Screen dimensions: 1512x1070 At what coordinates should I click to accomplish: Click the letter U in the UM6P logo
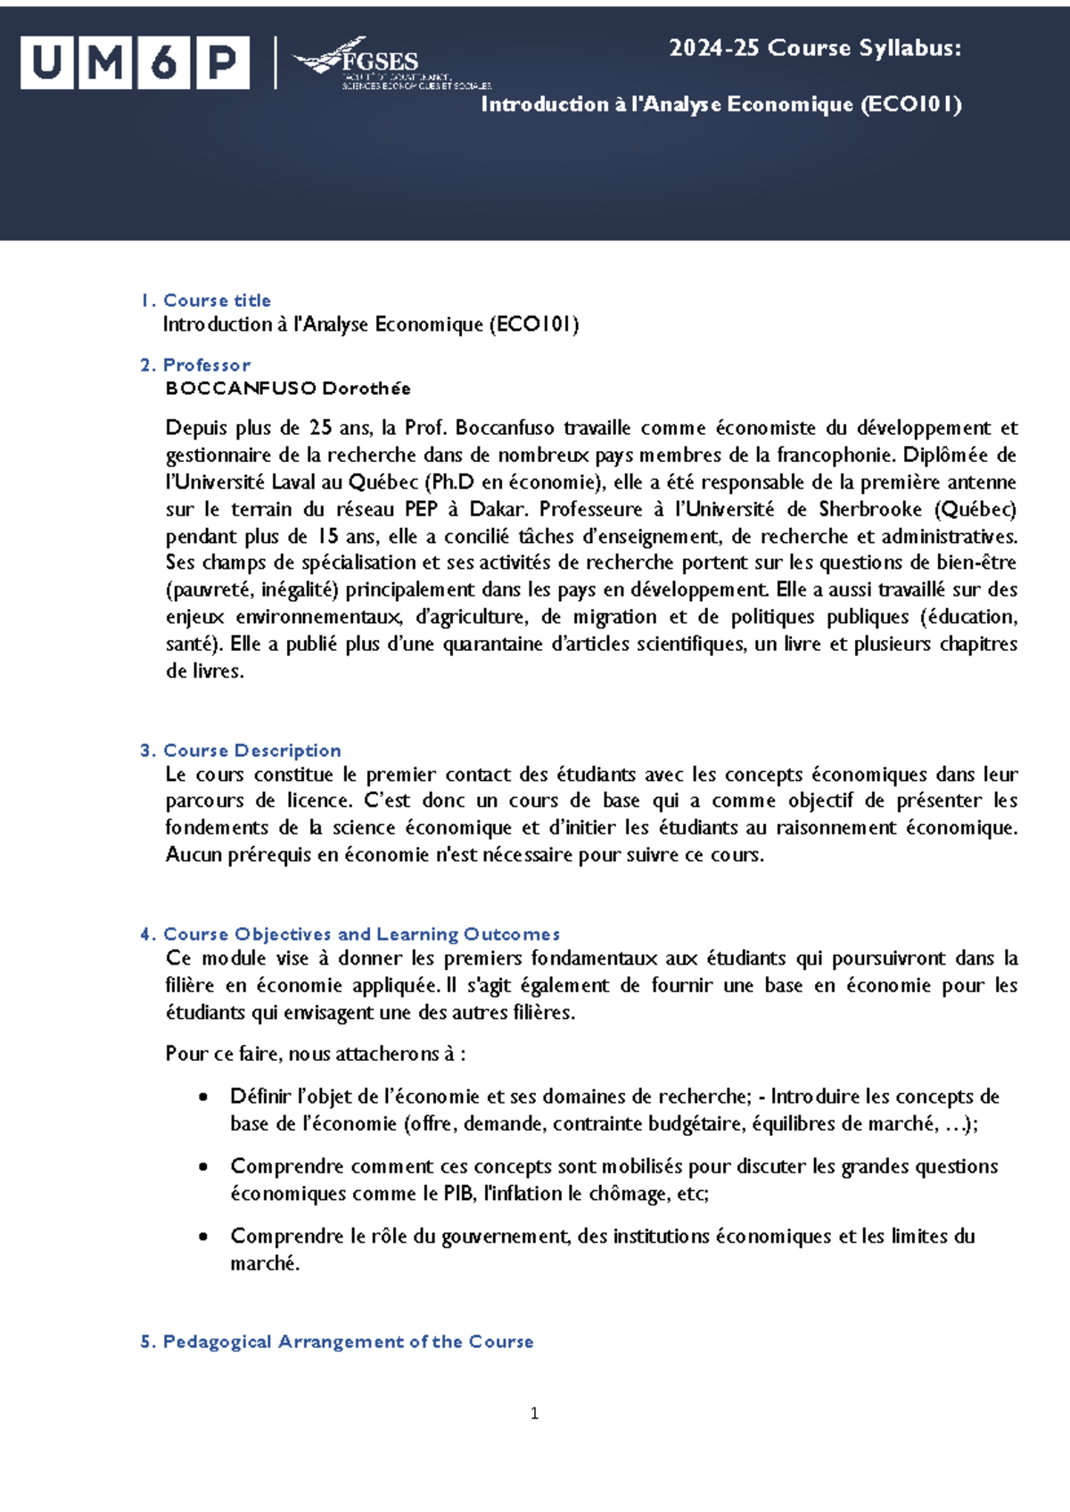tap(46, 63)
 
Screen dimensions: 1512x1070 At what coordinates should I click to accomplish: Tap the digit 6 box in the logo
tap(163, 63)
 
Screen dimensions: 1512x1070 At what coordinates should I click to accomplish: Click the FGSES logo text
tap(379, 62)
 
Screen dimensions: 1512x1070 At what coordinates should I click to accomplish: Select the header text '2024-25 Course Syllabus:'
tap(815, 48)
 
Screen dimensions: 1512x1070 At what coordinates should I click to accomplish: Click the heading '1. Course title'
tap(206, 300)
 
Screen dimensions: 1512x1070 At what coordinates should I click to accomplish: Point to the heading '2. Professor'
tap(195, 365)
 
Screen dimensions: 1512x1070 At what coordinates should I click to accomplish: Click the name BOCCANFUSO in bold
tap(241, 388)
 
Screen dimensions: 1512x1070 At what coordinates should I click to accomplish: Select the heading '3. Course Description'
tap(241, 751)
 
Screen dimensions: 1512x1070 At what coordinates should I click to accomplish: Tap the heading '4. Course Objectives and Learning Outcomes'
tap(350, 934)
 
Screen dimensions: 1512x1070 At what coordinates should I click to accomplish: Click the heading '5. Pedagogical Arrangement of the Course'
tap(337, 1342)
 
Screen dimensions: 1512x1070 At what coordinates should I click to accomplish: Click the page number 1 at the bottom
tap(534, 1413)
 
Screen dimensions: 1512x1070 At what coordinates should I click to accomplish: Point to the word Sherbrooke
tap(869, 509)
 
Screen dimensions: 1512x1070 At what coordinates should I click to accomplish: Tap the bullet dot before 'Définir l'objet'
tap(204, 1097)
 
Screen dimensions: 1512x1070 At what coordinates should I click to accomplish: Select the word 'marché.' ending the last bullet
tap(265, 1263)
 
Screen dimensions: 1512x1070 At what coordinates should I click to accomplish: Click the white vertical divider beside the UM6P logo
tap(275, 63)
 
